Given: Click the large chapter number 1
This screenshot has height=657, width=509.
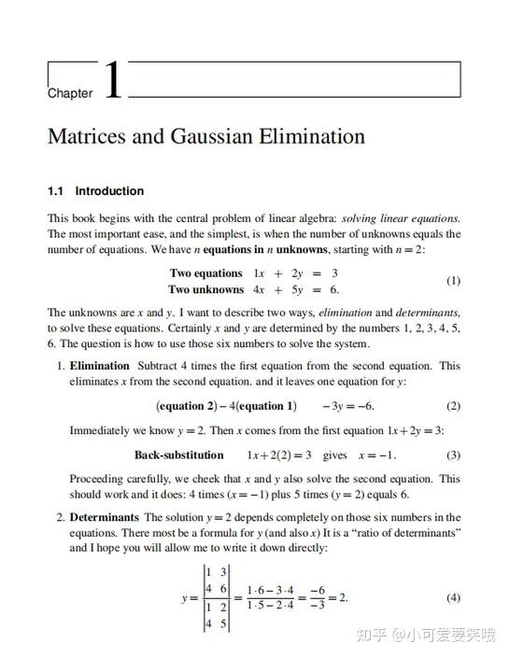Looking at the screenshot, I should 112,80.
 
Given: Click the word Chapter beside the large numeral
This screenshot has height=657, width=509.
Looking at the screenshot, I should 70,93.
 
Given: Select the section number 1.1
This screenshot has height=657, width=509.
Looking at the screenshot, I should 56,191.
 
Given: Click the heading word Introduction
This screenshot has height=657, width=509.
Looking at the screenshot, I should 109,191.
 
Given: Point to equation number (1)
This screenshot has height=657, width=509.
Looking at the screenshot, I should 453,281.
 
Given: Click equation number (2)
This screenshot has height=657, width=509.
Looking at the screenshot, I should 453,406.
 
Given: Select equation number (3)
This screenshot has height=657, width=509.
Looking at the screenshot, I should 453,455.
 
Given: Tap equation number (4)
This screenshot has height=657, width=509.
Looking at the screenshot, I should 453,597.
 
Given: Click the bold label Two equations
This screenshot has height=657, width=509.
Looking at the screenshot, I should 205,273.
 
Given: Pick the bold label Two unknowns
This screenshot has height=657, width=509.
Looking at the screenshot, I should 205,289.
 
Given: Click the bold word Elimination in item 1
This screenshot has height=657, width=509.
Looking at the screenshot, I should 100,366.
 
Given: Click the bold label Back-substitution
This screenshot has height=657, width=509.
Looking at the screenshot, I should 179,455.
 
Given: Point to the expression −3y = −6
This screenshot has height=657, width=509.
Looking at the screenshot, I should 347,406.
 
